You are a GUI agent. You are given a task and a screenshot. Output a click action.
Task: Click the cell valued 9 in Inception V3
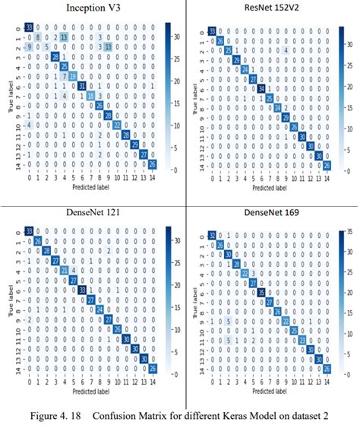30,46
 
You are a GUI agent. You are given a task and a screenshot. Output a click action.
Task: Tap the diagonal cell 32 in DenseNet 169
212,233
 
